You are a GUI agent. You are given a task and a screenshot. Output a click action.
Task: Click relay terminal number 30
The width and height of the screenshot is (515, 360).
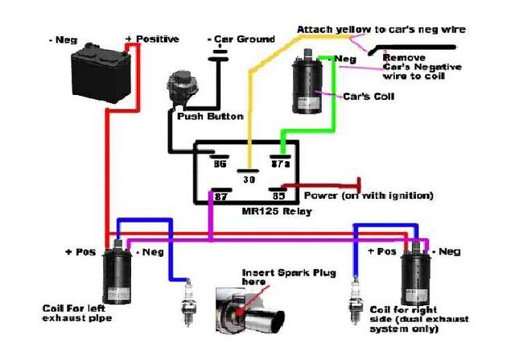tap(249, 180)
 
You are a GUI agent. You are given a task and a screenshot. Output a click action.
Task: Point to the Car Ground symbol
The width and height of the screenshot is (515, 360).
tap(216, 51)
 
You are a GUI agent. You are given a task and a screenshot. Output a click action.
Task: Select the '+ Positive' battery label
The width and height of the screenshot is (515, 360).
tap(152, 39)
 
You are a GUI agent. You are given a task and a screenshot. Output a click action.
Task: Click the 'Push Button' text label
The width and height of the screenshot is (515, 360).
tap(210, 117)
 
